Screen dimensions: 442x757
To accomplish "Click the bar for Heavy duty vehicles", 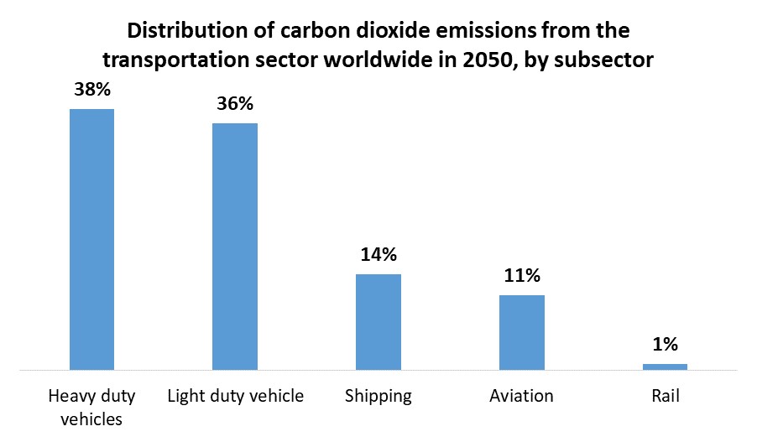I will tap(91, 239).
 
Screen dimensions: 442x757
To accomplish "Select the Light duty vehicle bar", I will tap(235, 246).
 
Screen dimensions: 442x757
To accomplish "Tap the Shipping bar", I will tap(378, 321).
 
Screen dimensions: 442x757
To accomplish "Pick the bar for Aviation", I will tap(521, 332).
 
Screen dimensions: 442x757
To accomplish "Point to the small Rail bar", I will tap(665, 366).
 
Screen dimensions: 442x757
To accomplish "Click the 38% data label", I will tap(91, 90).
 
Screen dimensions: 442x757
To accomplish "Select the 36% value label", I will tap(235, 104).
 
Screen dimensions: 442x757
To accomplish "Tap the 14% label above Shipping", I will tap(378, 255).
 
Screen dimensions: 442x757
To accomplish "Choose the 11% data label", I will tap(521, 276).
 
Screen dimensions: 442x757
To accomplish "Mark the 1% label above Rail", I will tap(665, 344).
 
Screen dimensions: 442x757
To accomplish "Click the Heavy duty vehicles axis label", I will tap(91, 407).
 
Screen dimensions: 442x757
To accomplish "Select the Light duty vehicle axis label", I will tap(235, 396).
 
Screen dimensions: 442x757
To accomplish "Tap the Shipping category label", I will tap(378, 396).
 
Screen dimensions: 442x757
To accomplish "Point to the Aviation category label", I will tap(521, 396).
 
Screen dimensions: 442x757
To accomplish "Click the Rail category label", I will tap(665, 396).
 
